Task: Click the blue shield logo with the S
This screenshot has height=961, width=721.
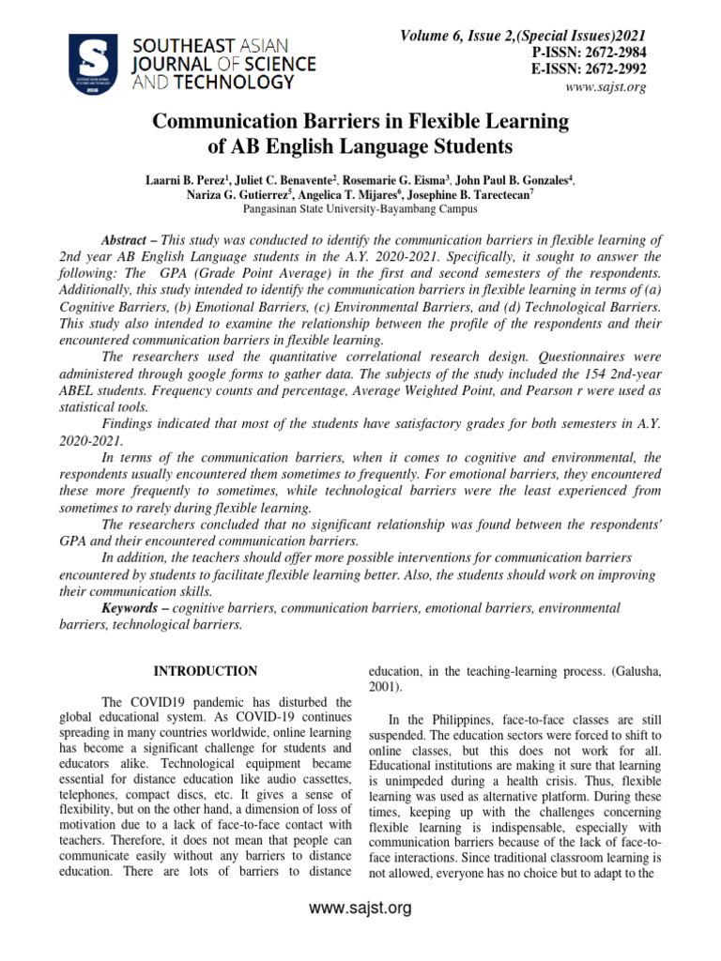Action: (x=93, y=63)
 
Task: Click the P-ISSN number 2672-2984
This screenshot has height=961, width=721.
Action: (x=609, y=53)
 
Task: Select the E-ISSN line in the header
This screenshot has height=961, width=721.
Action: (x=590, y=69)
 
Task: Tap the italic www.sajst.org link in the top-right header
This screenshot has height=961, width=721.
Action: (x=606, y=87)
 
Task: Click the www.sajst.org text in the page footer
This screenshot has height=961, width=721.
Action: (x=360, y=908)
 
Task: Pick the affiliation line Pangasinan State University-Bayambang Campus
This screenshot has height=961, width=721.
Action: (x=360, y=209)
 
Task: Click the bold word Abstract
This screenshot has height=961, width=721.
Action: (x=125, y=240)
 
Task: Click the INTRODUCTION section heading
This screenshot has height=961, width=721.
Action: (x=205, y=671)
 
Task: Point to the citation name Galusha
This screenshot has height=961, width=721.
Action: (x=612, y=672)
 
